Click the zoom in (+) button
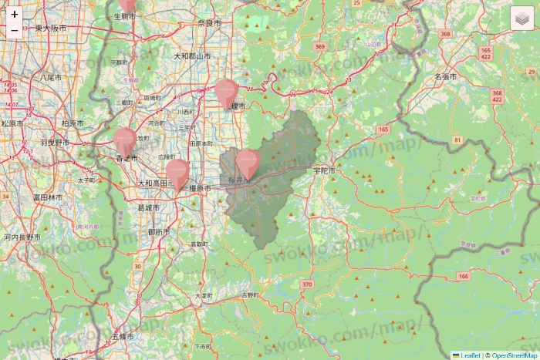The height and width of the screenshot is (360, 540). coord(15,14)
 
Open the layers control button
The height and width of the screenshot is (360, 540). coord(521,19)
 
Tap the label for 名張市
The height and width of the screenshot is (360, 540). coord(445,77)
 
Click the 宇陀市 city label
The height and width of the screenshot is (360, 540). coord(325,170)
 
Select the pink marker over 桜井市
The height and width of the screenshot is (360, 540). coord(247,163)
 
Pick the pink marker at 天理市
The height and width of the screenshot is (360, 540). coord(225,93)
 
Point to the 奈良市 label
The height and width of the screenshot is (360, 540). coord(209,24)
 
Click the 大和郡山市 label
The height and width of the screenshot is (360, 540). coord(192,56)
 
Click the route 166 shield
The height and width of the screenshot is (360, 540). coord(463,275)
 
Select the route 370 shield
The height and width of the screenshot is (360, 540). coord(308,284)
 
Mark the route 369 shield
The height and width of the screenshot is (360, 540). coord(320,47)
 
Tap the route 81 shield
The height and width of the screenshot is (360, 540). coord(457,140)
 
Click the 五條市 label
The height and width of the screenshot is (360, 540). coord(123,337)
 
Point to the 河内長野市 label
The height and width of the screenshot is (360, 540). coord(22,237)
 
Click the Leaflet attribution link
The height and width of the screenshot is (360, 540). coord(470,355)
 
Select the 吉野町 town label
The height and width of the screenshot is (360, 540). coord(250,295)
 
